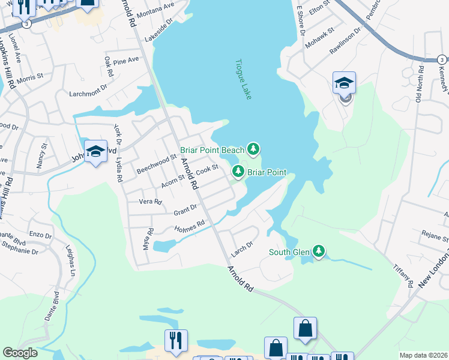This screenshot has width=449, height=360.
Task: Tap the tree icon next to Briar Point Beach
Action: coord(253,148)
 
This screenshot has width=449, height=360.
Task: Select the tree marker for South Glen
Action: coord(320,251)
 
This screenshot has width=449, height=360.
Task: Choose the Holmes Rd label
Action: coord(190,227)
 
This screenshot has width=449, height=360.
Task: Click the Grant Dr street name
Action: coord(185,210)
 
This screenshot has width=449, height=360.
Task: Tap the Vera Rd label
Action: coord(151,202)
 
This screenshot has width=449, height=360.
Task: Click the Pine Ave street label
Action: coord(125,61)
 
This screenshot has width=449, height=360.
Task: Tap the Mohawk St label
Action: coord(317,38)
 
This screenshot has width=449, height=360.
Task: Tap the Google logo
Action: coord(20,353)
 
